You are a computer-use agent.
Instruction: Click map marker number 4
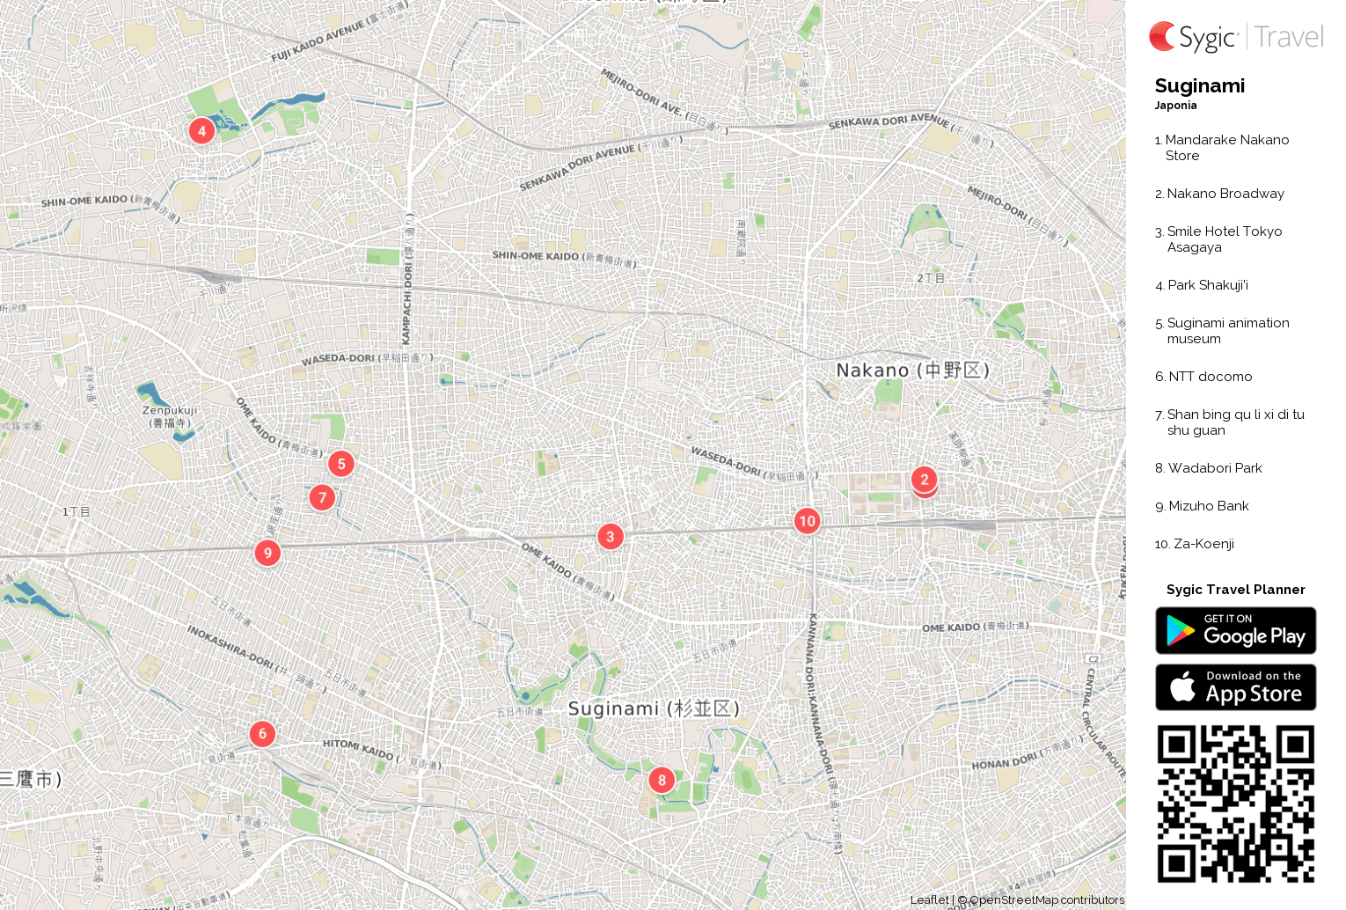click(x=201, y=131)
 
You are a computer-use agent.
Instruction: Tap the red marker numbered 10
click(x=807, y=521)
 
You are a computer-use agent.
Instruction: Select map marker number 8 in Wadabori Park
click(x=662, y=780)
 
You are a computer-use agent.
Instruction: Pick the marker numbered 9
click(x=267, y=553)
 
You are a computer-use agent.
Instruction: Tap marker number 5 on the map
click(x=341, y=464)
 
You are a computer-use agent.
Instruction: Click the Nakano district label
click(x=911, y=371)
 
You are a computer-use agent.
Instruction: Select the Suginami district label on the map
click(x=653, y=708)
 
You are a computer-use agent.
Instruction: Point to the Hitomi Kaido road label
click(x=358, y=749)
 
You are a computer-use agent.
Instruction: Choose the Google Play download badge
click(x=1235, y=631)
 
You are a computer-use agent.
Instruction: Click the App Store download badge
click(x=1235, y=687)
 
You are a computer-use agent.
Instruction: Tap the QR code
click(x=1235, y=804)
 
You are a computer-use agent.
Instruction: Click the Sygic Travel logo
click(x=1235, y=37)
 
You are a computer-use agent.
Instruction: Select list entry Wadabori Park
click(x=1214, y=468)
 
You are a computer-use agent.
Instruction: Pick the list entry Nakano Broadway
click(x=1225, y=194)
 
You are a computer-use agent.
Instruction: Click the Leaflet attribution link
click(x=929, y=899)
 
